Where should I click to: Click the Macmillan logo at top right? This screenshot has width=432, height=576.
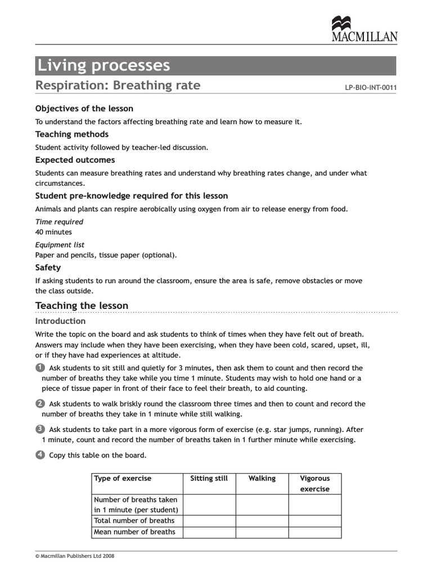[364, 30]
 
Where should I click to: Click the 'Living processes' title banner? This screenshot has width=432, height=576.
[215, 66]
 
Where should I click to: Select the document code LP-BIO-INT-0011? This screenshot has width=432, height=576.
[371, 87]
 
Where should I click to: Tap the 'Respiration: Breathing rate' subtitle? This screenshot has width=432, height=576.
[118, 85]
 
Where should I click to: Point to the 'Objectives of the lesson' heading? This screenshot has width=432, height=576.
[84, 109]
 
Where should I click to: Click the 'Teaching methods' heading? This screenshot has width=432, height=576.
[72, 134]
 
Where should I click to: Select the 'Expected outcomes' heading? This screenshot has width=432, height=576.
[75, 160]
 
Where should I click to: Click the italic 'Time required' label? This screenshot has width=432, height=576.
[59, 222]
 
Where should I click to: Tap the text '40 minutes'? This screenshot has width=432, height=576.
[53, 232]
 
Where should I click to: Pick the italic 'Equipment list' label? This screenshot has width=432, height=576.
[60, 245]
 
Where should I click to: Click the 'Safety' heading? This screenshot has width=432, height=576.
[48, 268]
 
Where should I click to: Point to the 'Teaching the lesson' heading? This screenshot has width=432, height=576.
[82, 306]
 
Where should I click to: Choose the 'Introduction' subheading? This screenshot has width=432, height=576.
[60, 321]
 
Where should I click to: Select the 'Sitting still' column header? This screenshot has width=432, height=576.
[209, 479]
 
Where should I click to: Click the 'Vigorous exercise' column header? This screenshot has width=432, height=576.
[314, 484]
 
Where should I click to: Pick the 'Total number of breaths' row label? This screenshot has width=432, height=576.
[134, 521]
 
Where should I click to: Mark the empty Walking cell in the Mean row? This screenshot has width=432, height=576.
[262, 532]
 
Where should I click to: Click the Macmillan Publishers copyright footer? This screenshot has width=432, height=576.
[75, 556]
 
